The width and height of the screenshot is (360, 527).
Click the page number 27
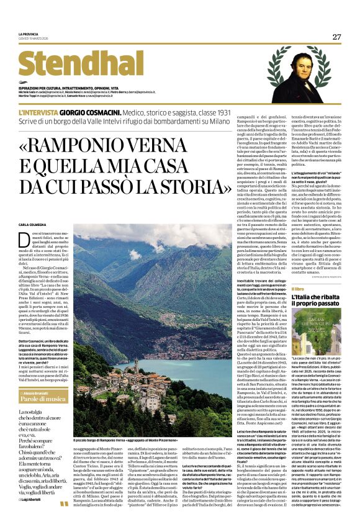click(x=336, y=37)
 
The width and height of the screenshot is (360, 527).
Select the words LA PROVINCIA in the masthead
click(x=29, y=34)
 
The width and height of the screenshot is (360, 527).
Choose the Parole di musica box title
click(x=42, y=401)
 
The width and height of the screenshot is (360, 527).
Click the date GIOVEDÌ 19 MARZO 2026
click(x=35, y=39)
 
